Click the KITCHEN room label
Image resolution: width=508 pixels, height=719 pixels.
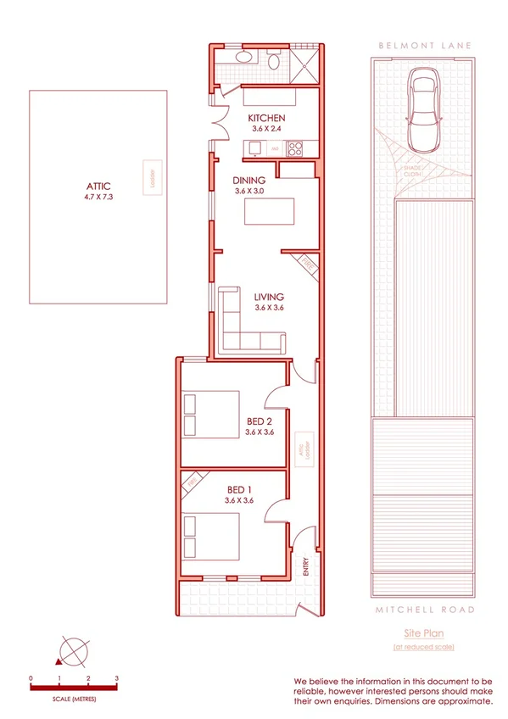click(x=266, y=118)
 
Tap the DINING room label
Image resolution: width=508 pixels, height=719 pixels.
click(x=250, y=180)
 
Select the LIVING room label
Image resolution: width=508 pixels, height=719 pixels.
click(x=269, y=297)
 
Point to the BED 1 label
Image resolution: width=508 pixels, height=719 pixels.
click(x=239, y=490)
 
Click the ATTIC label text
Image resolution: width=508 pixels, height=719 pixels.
click(x=99, y=187)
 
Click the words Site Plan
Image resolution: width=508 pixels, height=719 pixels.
click(x=423, y=633)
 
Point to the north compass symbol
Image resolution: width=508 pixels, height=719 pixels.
click(x=71, y=653)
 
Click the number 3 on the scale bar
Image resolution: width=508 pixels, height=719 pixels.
click(x=117, y=678)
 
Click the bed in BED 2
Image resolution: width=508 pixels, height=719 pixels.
click(x=212, y=414)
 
